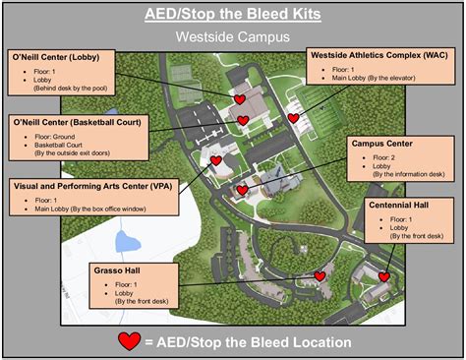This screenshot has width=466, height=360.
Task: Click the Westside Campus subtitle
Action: pyautogui.click(x=232, y=37)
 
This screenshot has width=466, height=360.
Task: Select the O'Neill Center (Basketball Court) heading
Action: pyautogui.click(x=75, y=124)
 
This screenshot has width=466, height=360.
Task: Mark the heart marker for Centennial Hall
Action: pyautogui.click(x=384, y=278)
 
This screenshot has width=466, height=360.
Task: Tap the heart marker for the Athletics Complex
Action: pyautogui.click(x=293, y=118)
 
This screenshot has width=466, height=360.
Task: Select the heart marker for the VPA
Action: pyautogui.click(x=215, y=160)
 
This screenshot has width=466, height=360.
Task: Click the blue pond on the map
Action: pyautogui.click(x=127, y=241)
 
